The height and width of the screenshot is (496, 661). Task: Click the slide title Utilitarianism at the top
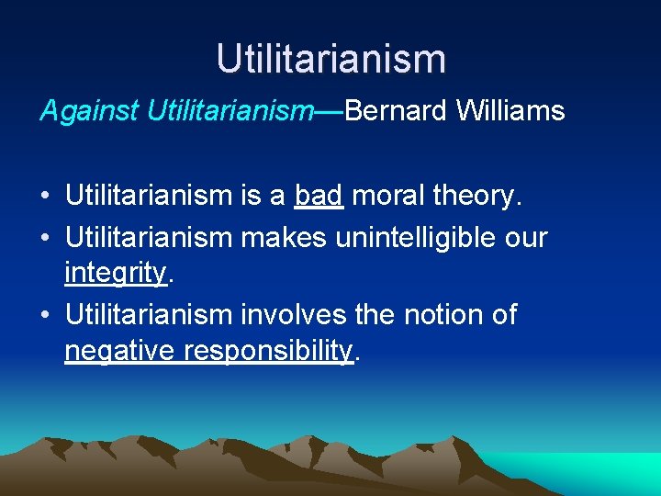point(330,59)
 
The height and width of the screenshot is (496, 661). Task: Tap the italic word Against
point(87,111)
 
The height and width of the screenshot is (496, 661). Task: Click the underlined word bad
point(319,197)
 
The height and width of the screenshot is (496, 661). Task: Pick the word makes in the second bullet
point(284,237)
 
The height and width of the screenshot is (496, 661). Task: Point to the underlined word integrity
point(115,273)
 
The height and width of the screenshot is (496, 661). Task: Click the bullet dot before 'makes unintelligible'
point(44,238)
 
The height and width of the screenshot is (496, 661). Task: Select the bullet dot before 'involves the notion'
point(44,315)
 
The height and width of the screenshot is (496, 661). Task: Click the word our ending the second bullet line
point(525,237)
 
